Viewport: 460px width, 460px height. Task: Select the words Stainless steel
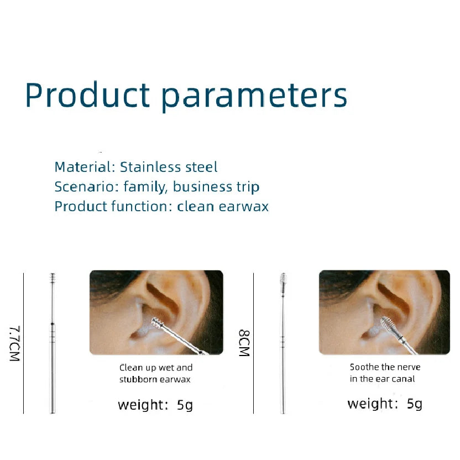coord(169,167)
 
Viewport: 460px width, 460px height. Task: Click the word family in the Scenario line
coord(144,187)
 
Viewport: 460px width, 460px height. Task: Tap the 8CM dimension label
coord(244,343)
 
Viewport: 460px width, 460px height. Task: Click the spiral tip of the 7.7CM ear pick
coord(53,279)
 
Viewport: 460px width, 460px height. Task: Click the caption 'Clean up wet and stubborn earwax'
coord(156,373)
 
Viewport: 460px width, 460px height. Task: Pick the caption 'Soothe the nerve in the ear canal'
coord(385,373)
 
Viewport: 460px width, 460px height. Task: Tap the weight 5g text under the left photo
coord(155,405)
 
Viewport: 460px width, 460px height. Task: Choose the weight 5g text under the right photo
coord(385,404)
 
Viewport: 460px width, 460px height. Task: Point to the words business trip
coord(216,187)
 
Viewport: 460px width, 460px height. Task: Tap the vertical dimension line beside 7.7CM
coord(24,343)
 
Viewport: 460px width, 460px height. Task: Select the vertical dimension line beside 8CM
coord(253,343)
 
